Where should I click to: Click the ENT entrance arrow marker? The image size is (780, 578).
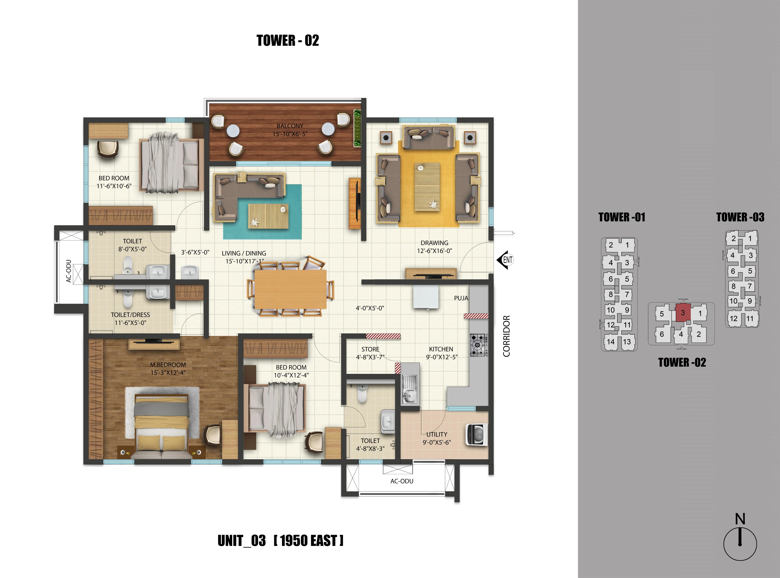pyautogui.click(x=505, y=260)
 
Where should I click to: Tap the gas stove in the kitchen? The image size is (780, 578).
pyautogui.click(x=478, y=345)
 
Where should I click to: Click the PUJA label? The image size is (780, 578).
pyautogui.click(x=461, y=298)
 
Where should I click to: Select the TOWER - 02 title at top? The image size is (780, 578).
pyautogui.click(x=288, y=41)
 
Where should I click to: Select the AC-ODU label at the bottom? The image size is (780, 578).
pyautogui.click(x=402, y=481)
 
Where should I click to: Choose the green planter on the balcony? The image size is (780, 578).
pyautogui.click(x=357, y=128)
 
